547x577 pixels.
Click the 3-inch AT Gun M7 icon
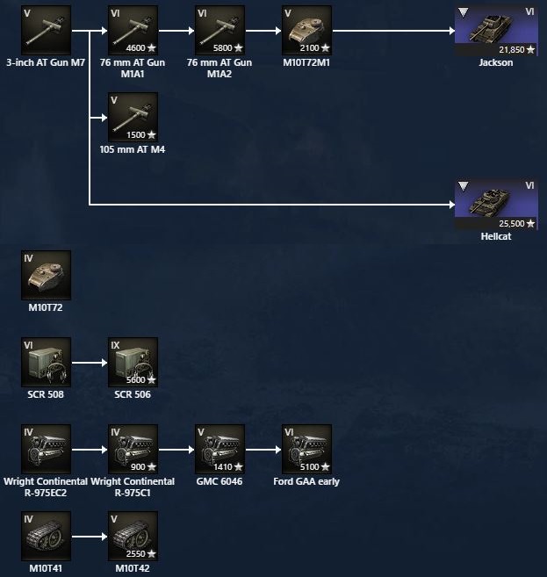(46, 30)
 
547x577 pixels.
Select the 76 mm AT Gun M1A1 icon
(133, 30)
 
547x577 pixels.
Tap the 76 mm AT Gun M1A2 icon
(220, 30)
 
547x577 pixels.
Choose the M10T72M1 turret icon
(306, 30)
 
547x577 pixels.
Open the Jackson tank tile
(496, 30)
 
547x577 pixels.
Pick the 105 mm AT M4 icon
(133, 117)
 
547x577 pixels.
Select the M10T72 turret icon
(46, 275)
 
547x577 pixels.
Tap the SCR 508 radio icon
(46, 361)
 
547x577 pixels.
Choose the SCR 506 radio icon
(133, 361)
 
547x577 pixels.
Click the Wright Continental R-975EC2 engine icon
(46, 448)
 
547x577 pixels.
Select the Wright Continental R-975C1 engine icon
(133, 448)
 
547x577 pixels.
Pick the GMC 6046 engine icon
(220, 448)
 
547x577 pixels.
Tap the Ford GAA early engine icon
(306, 448)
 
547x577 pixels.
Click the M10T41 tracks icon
(46, 535)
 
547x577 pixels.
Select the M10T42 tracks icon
(133, 535)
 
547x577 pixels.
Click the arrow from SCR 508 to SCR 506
(89, 361)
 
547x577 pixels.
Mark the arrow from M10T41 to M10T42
(89, 535)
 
